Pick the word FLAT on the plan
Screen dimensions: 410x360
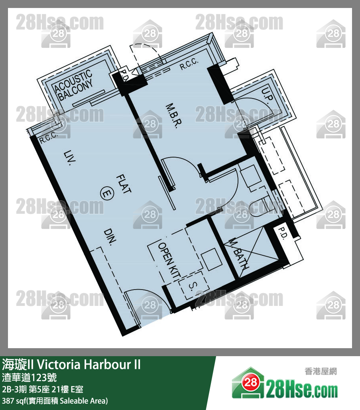124,185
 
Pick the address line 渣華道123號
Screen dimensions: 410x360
30,377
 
